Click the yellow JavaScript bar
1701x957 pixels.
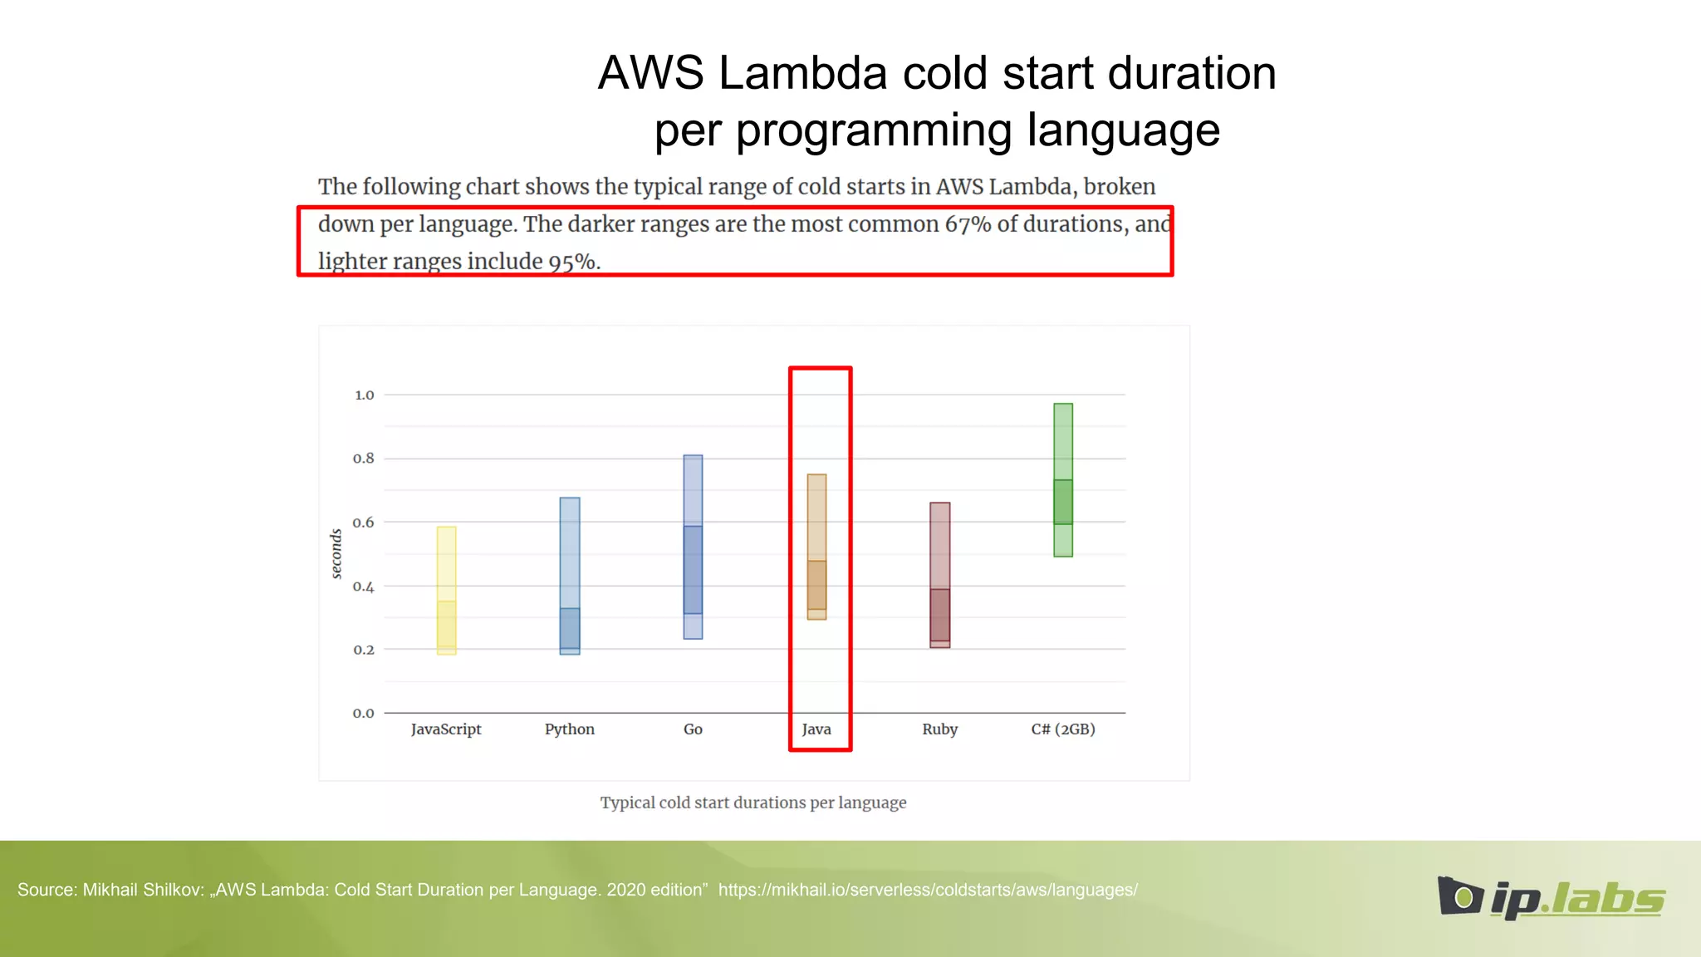446,591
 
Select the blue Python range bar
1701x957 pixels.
570,576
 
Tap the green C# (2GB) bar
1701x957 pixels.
1063,480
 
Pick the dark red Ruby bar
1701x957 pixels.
939,575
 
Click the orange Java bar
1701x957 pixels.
816,547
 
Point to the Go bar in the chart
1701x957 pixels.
693,547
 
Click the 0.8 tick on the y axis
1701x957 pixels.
364,459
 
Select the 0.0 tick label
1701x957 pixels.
364,713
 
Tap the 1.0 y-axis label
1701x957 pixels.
364,395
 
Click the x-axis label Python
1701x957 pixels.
569,729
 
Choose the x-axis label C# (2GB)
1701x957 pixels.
1062,729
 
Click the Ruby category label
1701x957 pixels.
939,729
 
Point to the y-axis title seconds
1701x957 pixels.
336,553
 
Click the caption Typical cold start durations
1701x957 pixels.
752,802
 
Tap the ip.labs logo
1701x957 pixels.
1551,898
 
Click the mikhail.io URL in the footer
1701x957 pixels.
927,890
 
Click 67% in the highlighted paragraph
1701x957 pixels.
967,224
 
